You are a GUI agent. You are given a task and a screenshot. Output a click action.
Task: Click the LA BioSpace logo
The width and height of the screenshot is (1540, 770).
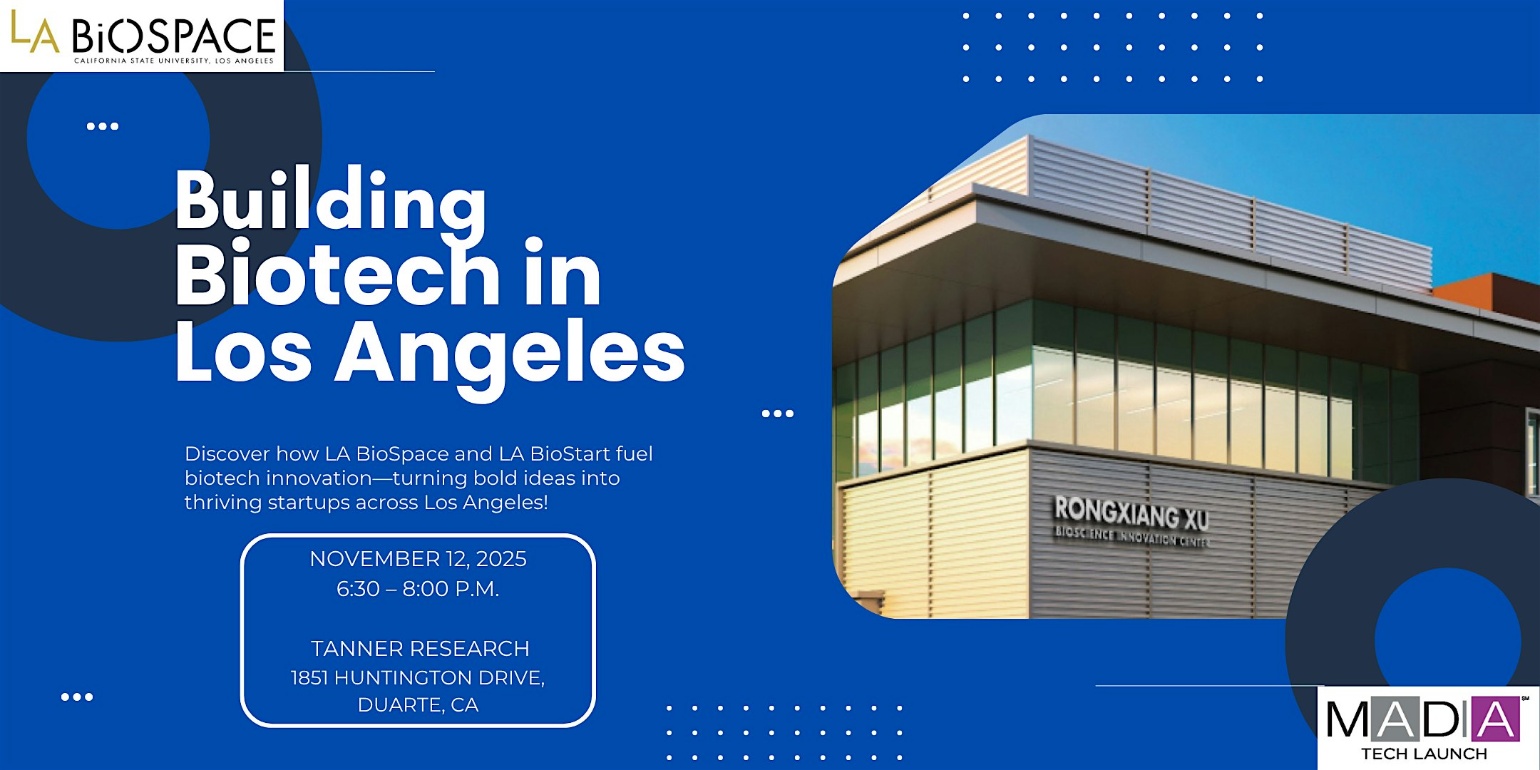(x=142, y=36)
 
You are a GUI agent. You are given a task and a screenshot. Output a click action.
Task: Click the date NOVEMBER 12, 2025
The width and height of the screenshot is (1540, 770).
(x=418, y=559)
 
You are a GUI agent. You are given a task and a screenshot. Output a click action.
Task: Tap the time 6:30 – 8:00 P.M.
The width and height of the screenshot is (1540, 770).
(x=418, y=589)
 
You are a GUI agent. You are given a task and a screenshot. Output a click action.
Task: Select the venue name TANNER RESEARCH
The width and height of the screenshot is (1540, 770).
(x=420, y=649)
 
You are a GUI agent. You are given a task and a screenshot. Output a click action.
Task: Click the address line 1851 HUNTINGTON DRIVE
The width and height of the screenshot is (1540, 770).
(x=418, y=677)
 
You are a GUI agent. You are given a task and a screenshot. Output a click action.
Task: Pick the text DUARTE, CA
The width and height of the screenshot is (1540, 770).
(x=418, y=705)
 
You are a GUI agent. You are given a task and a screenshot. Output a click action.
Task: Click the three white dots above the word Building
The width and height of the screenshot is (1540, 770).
(x=103, y=126)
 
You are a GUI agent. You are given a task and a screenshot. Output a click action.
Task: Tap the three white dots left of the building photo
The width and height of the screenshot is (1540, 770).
(x=778, y=414)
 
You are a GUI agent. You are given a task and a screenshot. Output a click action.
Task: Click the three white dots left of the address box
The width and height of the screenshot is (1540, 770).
(x=77, y=697)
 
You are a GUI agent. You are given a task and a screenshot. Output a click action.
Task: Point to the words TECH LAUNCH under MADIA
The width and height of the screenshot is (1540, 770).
(x=1424, y=754)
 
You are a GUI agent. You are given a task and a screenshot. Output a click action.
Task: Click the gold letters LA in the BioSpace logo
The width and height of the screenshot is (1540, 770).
(x=34, y=33)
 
